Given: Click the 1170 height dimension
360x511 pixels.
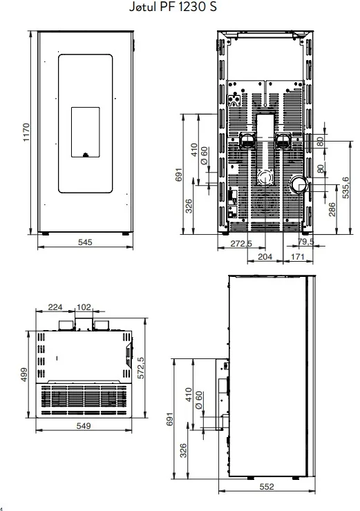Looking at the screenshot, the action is coord(26,132).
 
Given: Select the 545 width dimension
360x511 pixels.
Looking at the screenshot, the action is coord(85,242).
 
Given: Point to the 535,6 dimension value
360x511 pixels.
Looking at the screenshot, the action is coord(346,187).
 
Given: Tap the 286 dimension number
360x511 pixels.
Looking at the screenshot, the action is coord(332,209).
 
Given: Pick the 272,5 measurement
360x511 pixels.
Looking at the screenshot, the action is coord(241,244).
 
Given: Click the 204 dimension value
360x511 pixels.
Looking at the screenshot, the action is coord(265,257).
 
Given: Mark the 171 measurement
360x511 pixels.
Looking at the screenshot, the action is coord(297,257).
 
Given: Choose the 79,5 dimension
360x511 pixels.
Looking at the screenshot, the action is coord(306,242).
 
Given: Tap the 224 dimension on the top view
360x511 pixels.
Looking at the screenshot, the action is coord(55,307).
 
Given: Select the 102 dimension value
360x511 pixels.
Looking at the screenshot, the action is coord(84,307).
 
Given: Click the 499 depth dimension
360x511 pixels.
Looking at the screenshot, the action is coord(24,374).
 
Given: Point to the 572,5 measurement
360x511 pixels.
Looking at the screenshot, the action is coord(140,367).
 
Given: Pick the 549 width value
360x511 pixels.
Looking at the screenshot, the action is coord(84,425).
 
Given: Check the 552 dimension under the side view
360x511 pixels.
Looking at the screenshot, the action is coord(267,487).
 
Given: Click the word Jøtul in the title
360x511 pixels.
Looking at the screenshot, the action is coord(143,6).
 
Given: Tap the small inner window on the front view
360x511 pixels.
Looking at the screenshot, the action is coord(86,132).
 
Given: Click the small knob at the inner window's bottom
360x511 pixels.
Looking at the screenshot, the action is coord(86,155).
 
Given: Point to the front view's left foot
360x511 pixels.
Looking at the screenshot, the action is coord(46,233).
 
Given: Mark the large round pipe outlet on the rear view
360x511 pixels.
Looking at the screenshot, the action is coord(299,185).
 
